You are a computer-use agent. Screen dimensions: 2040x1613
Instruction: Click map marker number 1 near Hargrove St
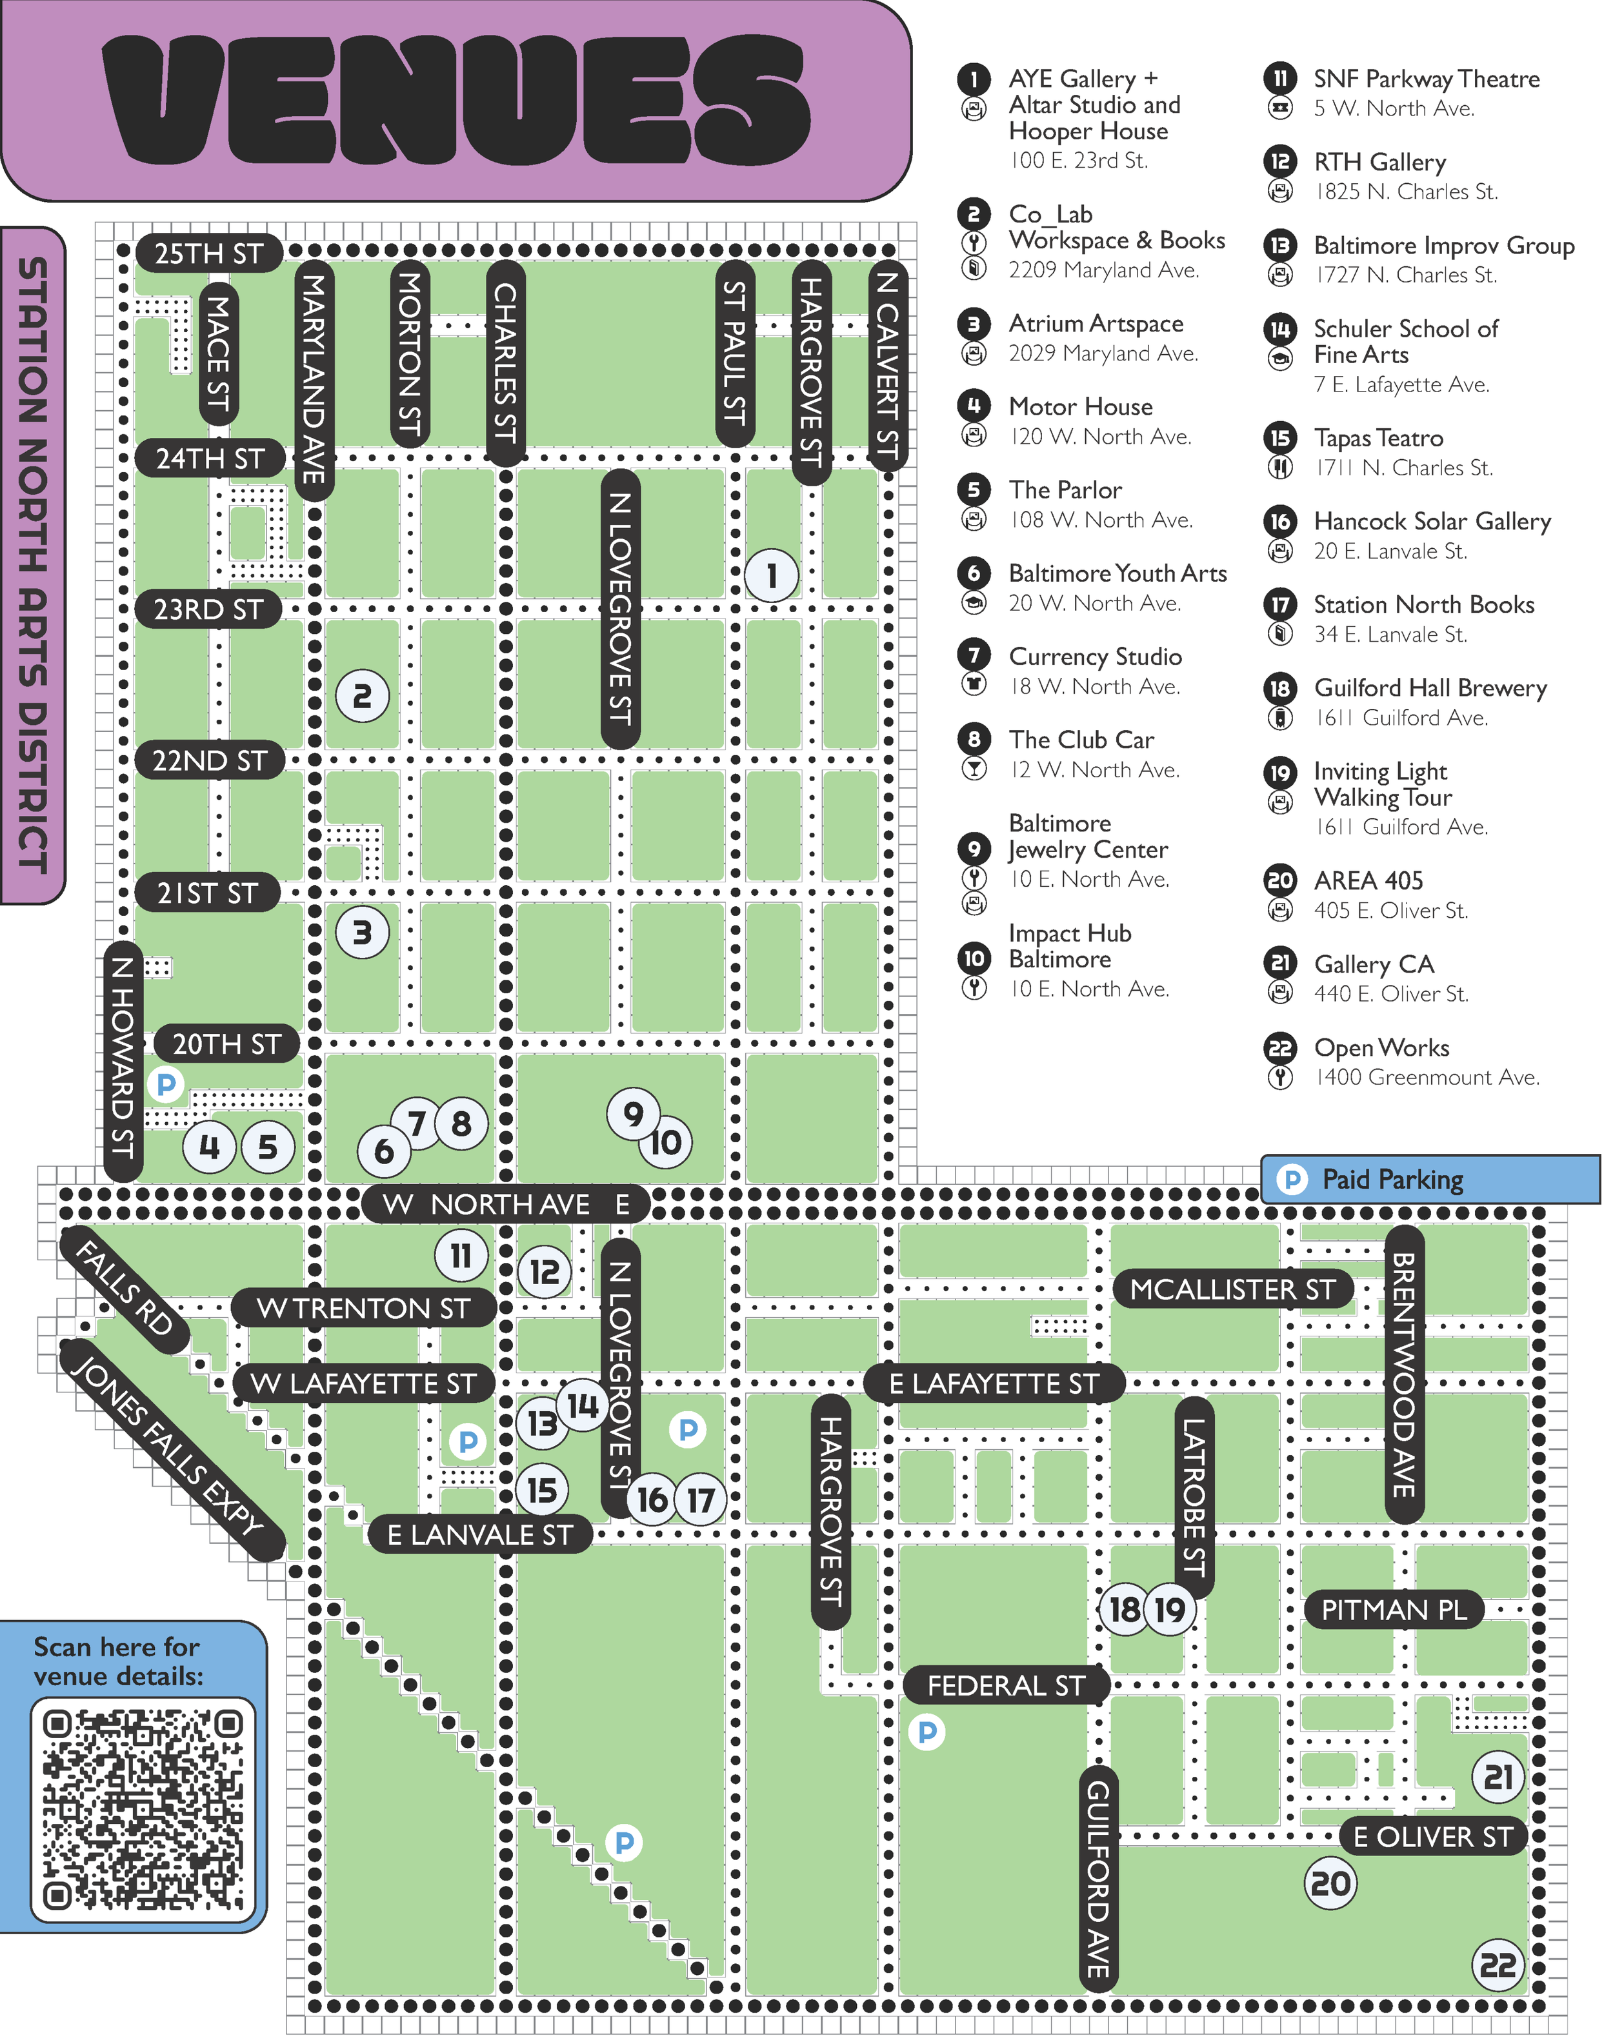click(x=772, y=575)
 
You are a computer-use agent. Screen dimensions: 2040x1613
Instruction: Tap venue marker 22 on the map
click(x=1498, y=1965)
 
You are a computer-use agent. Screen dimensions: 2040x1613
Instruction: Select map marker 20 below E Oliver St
click(x=1330, y=1883)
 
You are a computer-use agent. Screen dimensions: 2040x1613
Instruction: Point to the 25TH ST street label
click(x=208, y=253)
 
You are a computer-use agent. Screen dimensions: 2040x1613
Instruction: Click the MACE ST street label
click(x=218, y=353)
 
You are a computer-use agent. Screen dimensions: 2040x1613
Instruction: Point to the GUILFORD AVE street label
click(x=1098, y=1879)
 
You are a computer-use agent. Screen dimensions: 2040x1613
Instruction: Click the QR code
click(x=143, y=1810)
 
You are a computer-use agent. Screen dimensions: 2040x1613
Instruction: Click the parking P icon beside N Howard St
click(x=166, y=1084)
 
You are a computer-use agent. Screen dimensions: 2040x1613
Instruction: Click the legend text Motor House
click(x=1080, y=407)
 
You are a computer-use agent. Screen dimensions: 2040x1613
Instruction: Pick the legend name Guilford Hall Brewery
click(x=1430, y=688)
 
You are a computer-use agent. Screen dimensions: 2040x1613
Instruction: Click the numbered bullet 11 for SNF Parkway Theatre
click(x=1279, y=78)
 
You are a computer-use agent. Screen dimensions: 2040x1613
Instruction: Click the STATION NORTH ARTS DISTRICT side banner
click(x=33, y=564)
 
